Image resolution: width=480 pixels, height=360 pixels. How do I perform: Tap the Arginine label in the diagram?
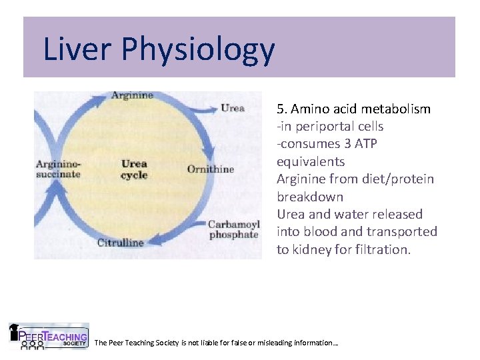pyautogui.click(x=132, y=95)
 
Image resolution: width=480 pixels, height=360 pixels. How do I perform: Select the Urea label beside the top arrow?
pyautogui.click(x=232, y=108)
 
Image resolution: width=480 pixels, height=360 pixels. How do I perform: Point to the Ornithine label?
pyautogui.click(x=211, y=169)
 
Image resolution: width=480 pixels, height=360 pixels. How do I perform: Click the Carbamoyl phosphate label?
pyautogui.click(x=233, y=229)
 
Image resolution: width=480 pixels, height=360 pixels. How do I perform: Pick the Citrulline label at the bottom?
pyautogui.click(x=120, y=243)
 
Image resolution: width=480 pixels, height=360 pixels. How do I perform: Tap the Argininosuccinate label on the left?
pyautogui.click(x=58, y=169)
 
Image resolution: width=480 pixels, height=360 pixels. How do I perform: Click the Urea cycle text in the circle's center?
pyautogui.click(x=134, y=169)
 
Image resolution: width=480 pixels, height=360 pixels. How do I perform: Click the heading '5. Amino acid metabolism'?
pyautogui.click(x=353, y=109)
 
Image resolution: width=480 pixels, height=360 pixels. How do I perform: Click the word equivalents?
pyautogui.click(x=311, y=161)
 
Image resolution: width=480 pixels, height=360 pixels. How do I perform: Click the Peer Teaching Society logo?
pyautogui.click(x=48, y=337)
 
